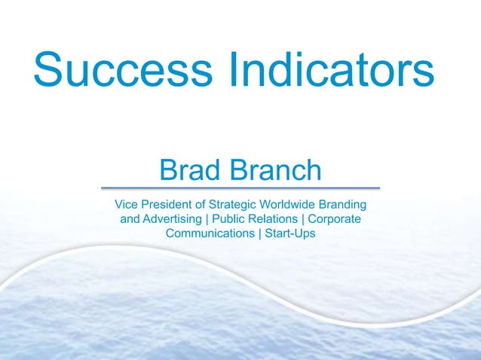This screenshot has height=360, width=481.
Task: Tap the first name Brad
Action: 188,170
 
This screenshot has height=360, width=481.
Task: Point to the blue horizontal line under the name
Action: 240,188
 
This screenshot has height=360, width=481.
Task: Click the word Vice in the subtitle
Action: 126,204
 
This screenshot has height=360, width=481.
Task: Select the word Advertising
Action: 173,219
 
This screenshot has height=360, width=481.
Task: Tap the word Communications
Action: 211,233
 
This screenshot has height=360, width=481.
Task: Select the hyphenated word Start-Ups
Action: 290,233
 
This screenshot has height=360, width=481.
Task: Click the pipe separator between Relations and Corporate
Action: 302,219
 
